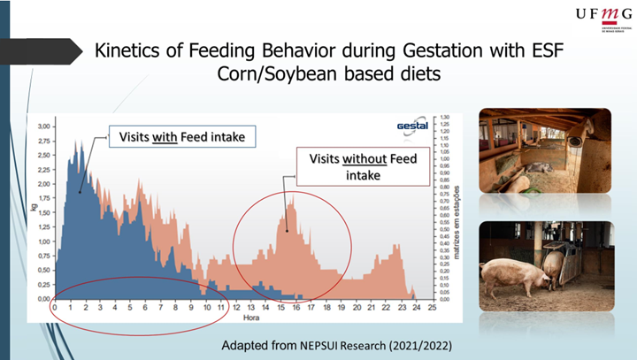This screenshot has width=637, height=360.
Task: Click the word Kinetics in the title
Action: point(131,51)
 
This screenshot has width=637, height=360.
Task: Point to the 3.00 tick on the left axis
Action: point(43,126)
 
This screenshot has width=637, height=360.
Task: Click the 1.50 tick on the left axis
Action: point(43,213)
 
